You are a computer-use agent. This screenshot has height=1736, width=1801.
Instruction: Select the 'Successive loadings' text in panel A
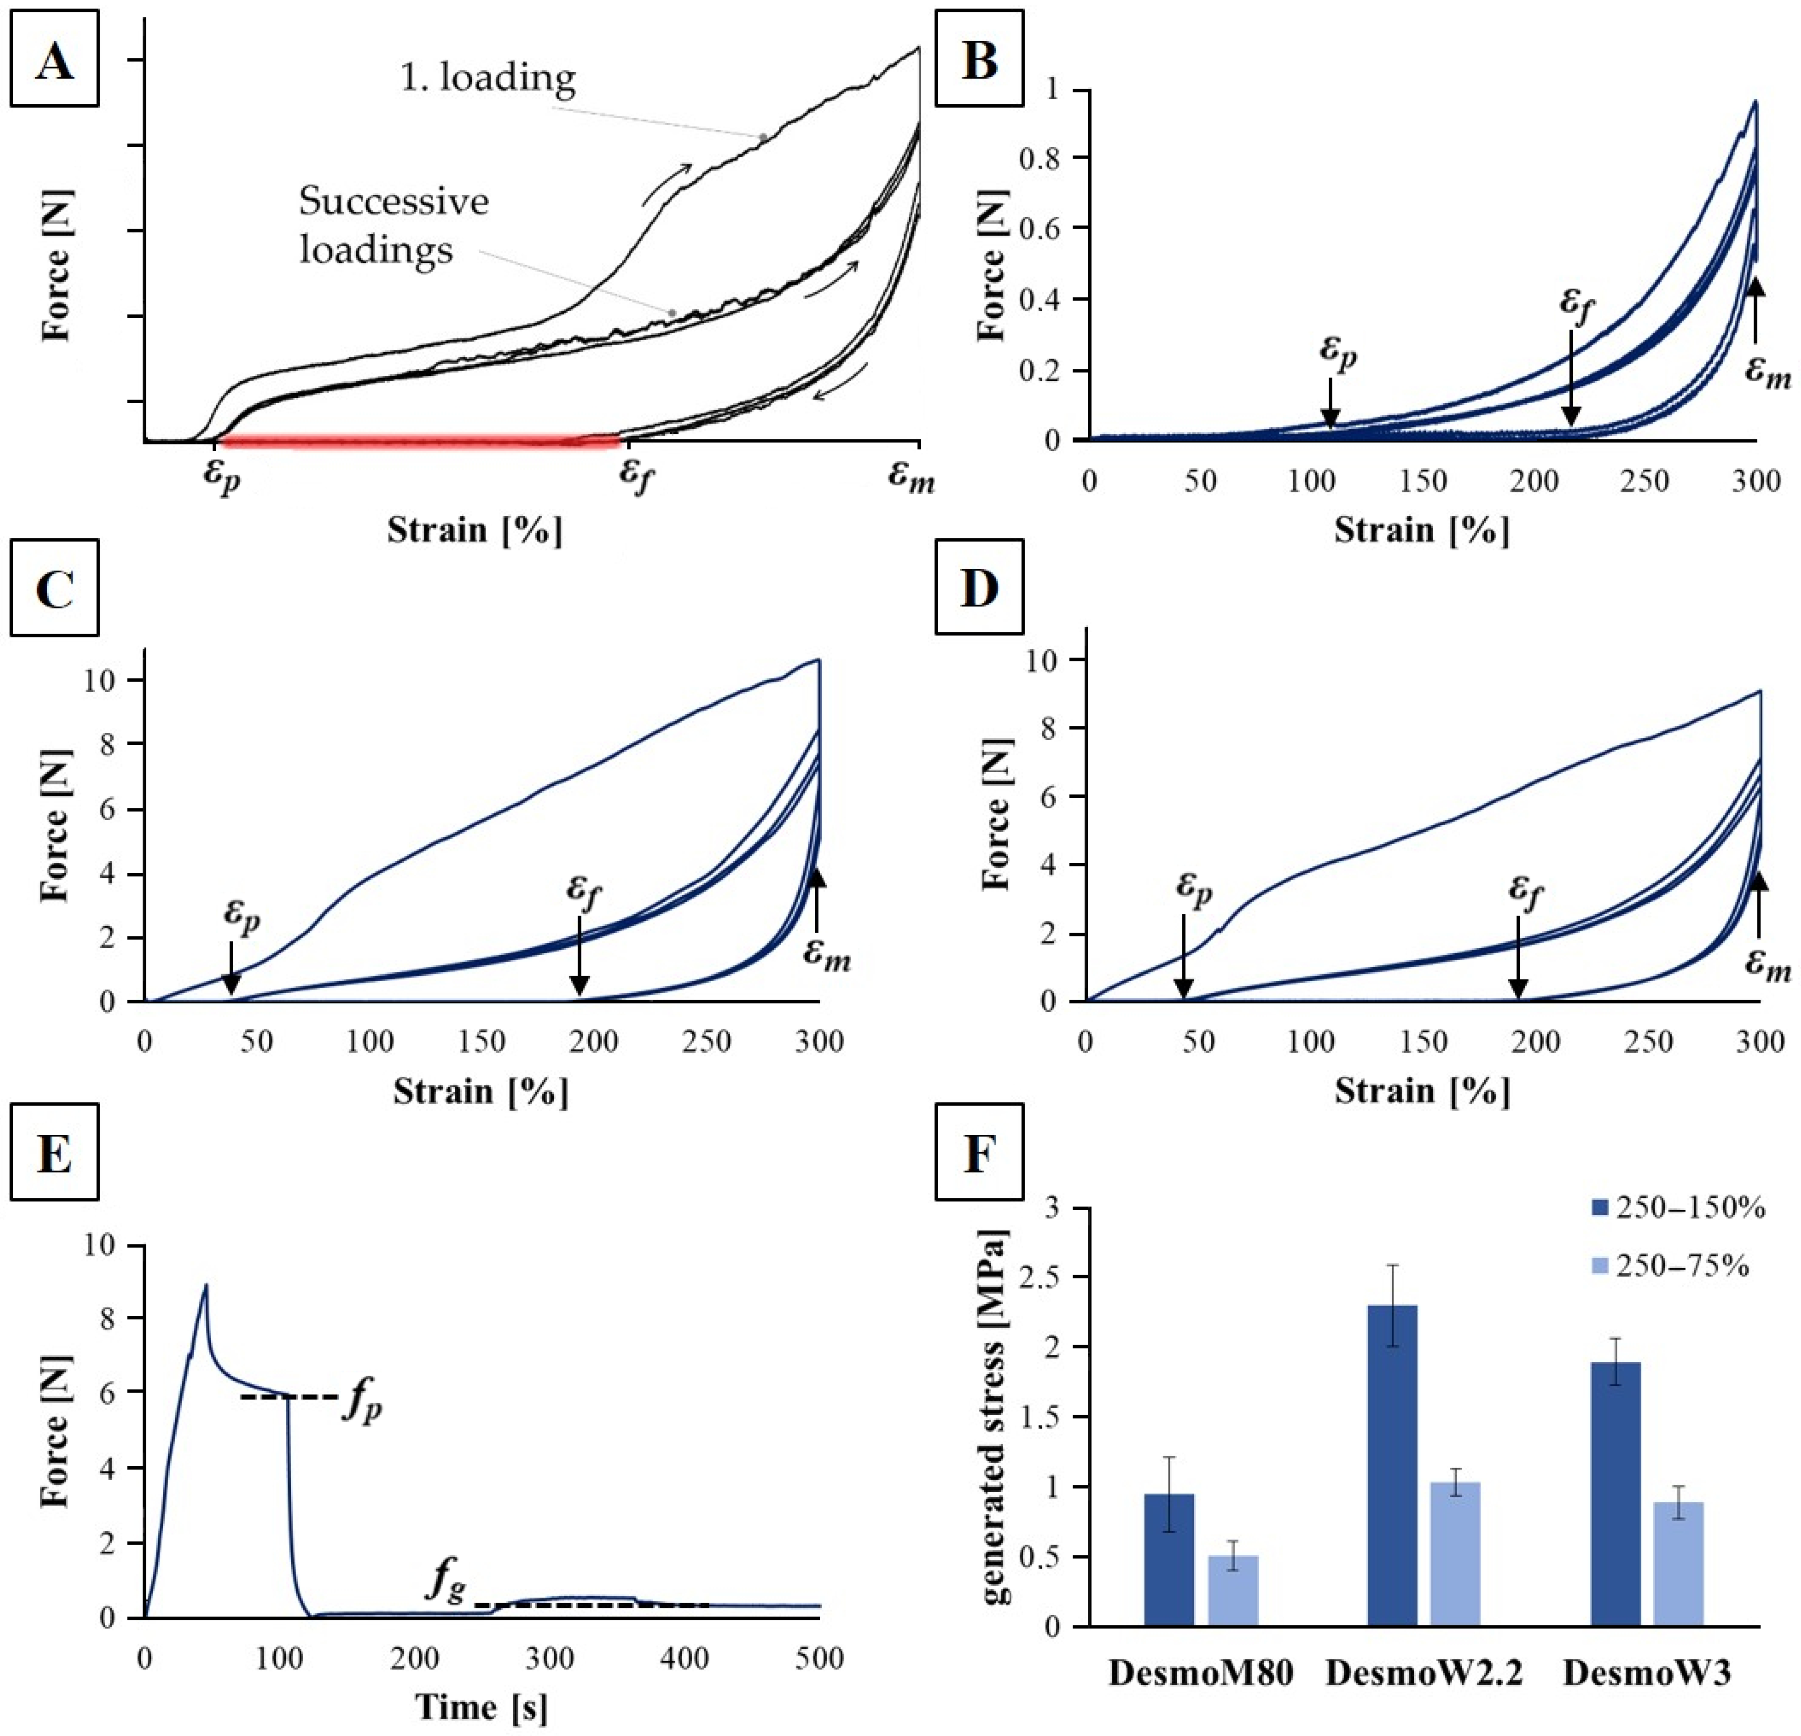click(393, 225)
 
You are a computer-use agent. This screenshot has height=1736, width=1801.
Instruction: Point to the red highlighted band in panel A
click(418, 442)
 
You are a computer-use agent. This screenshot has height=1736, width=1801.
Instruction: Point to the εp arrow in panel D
click(1183, 956)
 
